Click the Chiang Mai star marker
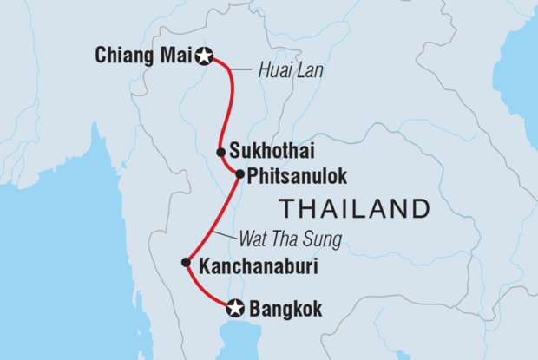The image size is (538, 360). click(206, 57)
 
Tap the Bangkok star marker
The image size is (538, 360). click(233, 308)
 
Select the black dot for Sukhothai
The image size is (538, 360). click(221, 152)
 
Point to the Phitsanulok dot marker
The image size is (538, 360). click(239, 173)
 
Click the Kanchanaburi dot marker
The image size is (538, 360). click(185, 262)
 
